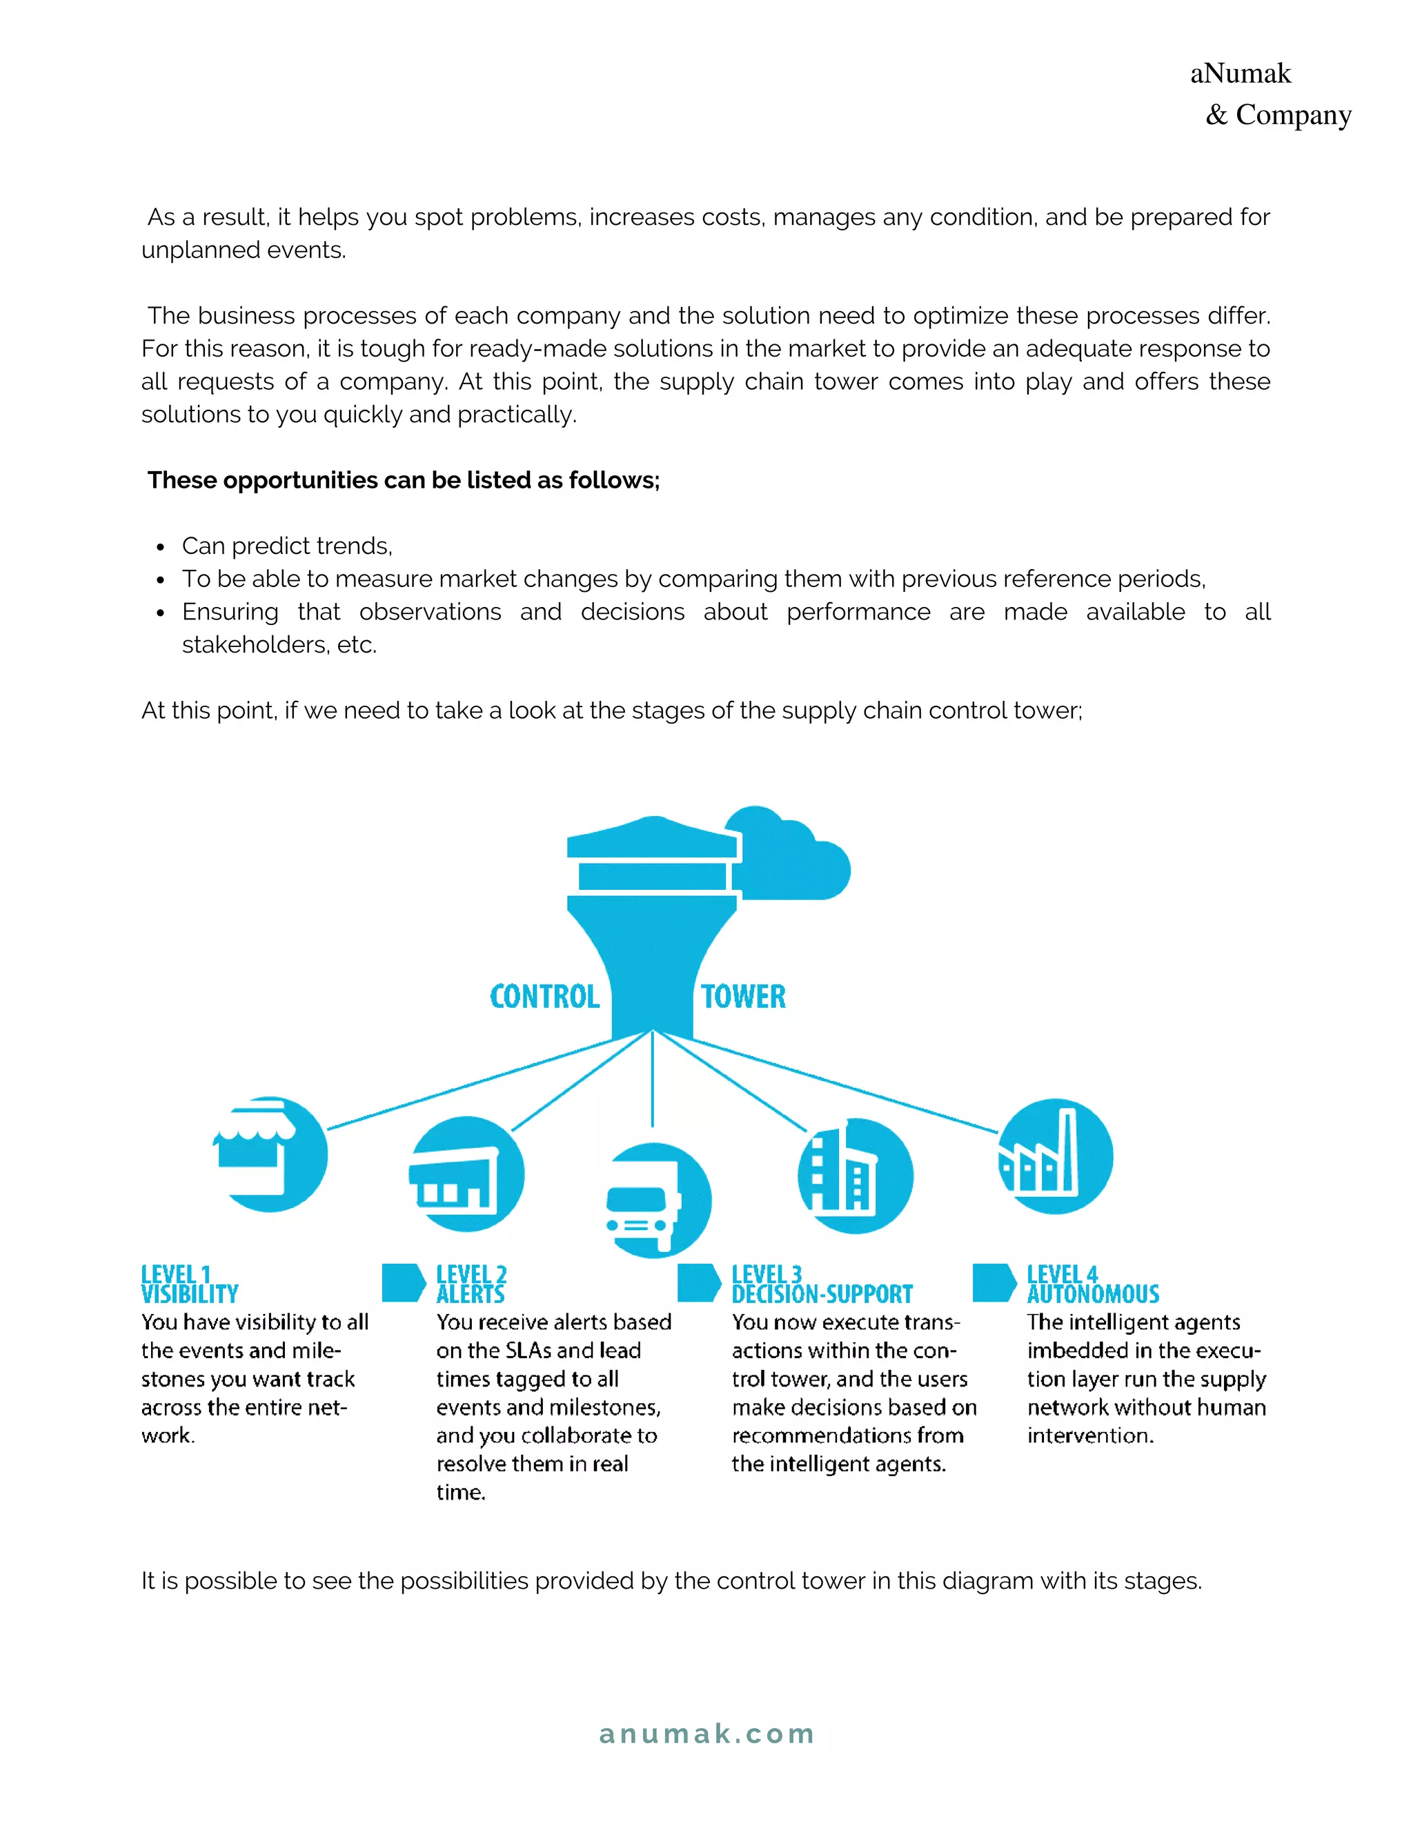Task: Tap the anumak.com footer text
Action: [x=706, y=1733]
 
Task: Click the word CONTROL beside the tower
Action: [x=544, y=996]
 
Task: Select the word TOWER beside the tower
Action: [x=743, y=996]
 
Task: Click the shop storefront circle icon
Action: [x=270, y=1153]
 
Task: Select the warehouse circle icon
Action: [x=467, y=1174]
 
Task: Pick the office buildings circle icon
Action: [x=855, y=1176]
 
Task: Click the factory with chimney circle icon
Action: [x=1056, y=1157]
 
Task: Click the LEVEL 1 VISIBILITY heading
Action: [x=189, y=1284]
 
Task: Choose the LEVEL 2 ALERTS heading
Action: [x=471, y=1284]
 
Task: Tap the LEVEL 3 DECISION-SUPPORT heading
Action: [x=821, y=1284]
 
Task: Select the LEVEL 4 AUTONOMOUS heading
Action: [x=1092, y=1284]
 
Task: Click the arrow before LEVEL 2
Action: [x=404, y=1282]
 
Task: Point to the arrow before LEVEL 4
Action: [x=994, y=1282]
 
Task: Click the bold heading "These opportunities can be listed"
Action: [x=404, y=479]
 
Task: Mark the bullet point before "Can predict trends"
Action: [x=160, y=548]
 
